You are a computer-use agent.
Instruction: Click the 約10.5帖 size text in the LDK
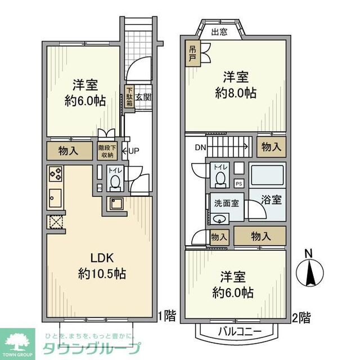pos(102,274)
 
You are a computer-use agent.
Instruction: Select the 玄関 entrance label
pos(143,96)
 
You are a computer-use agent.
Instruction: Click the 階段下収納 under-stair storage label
pos(107,151)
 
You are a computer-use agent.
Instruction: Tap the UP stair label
pos(134,151)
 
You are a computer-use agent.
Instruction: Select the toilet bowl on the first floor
pos(115,181)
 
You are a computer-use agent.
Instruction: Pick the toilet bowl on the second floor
pos(220,178)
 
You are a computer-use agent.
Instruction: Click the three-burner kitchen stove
pos(56,174)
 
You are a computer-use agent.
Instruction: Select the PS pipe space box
pos(238,183)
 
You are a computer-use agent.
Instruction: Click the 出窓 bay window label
pos(219,32)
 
